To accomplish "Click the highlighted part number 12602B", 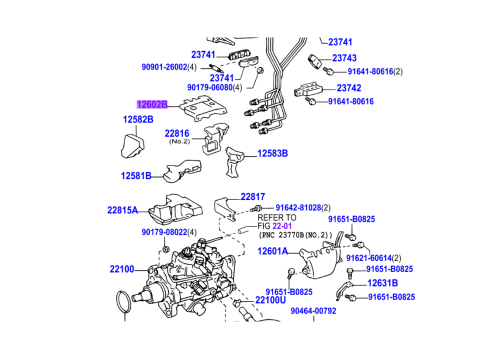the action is [152, 105].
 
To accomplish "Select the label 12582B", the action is [138, 119].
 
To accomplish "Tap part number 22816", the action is [177, 134].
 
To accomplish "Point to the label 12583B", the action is [273, 154].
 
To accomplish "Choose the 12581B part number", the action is [136, 176].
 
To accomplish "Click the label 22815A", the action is [122, 210].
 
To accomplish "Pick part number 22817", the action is [253, 197].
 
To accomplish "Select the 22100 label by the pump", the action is [122, 269].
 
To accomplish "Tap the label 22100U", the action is [271, 300].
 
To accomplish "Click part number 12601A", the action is [273, 251].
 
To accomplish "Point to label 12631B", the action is [383, 283].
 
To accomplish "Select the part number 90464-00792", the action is [313, 311].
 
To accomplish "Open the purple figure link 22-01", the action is [282, 226].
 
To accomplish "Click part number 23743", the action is [344, 58].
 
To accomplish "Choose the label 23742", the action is [349, 88].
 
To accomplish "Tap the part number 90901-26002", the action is [165, 67].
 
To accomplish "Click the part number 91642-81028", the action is [299, 208].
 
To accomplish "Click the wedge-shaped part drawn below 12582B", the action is [132, 146].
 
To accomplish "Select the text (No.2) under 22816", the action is [179, 141].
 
